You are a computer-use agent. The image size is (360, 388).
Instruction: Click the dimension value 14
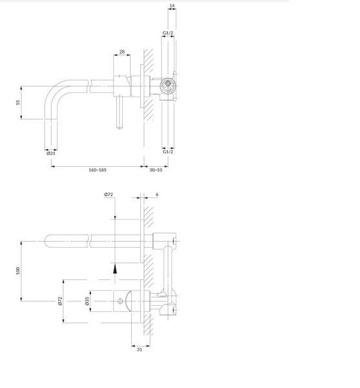click(x=172, y=5)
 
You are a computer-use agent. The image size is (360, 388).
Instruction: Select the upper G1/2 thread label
click(x=168, y=33)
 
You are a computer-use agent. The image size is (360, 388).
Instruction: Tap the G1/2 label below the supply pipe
click(x=168, y=152)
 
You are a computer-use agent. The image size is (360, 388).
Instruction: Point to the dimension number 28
click(x=122, y=52)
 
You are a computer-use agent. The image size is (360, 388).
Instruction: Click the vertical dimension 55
click(x=18, y=102)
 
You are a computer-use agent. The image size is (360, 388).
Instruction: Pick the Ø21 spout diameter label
click(x=51, y=153)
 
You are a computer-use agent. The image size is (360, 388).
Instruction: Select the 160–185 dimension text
click(x=98, y=170)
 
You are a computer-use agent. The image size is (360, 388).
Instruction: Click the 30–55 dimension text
click(x=156, y=170)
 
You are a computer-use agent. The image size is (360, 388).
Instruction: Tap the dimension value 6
click(x=157, y=195)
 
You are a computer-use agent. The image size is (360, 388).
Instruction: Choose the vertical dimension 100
click(x=18, y=271)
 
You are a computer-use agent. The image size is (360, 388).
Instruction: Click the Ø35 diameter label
click(x=87, y=301)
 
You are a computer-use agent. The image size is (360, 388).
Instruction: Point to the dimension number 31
click(x=140, y=350)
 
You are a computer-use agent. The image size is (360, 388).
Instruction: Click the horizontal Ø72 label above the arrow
click(x=109, y=195)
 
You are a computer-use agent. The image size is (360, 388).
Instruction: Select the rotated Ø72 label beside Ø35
click(x=60, y=301)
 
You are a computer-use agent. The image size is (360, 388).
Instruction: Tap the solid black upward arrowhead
click(x=115, y=269)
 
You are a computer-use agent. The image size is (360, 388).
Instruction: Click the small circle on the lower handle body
click(x=120, y=301)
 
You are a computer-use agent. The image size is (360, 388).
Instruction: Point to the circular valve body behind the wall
click(x=168, y=86)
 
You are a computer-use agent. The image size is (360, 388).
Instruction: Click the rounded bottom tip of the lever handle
click(x=120, y=127)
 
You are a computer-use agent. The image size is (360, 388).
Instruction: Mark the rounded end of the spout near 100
click(x=47, y=241)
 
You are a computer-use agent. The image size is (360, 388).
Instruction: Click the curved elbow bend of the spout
click(x=52, y=92)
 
